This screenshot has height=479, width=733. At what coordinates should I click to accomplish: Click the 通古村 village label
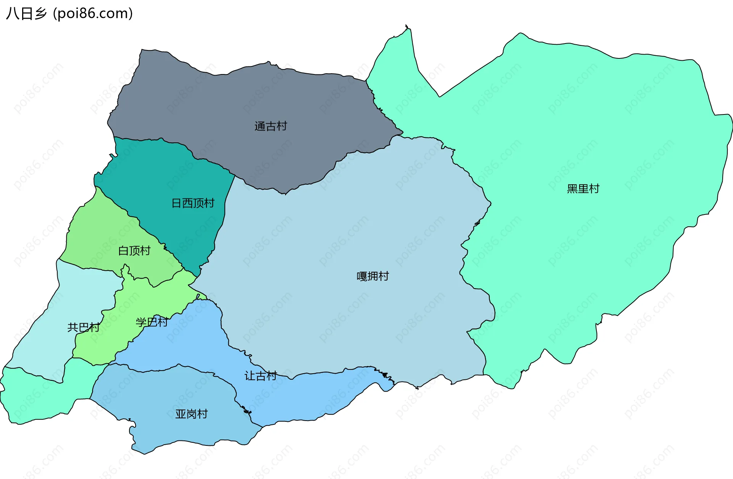271,126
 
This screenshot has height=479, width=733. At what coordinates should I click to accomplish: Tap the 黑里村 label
583,189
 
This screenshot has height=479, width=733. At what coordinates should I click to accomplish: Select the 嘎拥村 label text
373,276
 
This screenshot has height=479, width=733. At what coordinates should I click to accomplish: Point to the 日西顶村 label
193,203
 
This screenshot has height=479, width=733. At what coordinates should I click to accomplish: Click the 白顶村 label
134,251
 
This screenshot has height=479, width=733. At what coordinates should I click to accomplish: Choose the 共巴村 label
83,327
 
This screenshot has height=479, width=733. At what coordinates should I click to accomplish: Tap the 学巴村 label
152,323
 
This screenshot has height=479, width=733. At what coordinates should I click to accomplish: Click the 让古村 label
260,376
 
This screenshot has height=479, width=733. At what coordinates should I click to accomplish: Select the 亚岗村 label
191,414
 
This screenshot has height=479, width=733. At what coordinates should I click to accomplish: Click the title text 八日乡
26,14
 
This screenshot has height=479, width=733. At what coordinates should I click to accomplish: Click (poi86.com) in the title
93,14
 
